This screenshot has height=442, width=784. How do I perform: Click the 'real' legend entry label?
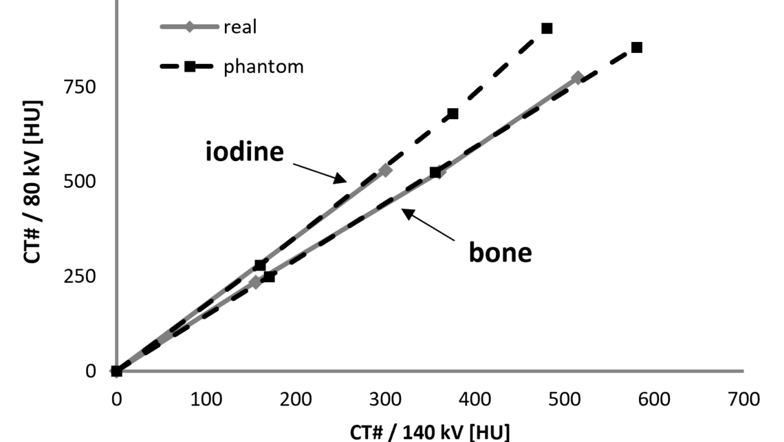(x=239, y=28)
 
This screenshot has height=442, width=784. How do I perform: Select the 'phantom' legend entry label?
(x=263, y=67)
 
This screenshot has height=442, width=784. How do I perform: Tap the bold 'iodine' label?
(x=244, y=151)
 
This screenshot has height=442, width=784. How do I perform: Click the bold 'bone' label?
(x=500, y=253)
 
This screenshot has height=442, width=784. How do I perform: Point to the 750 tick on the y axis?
(x=81, y=87)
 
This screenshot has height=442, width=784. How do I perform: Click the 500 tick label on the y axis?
(x=81, y=182)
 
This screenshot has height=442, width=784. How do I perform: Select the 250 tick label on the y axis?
(x=81, y=276)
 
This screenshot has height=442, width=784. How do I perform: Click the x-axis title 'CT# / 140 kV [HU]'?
(x=430, y=432)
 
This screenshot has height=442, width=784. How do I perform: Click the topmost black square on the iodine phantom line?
(x=547, y=28)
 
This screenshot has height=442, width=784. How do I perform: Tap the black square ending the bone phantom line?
(x=637, y=48)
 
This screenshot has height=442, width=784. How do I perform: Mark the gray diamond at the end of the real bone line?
(x=578, y=78)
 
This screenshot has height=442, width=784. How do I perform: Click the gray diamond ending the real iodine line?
(x=385, y=170)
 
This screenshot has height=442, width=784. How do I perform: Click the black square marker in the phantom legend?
(x=190, y=67)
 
